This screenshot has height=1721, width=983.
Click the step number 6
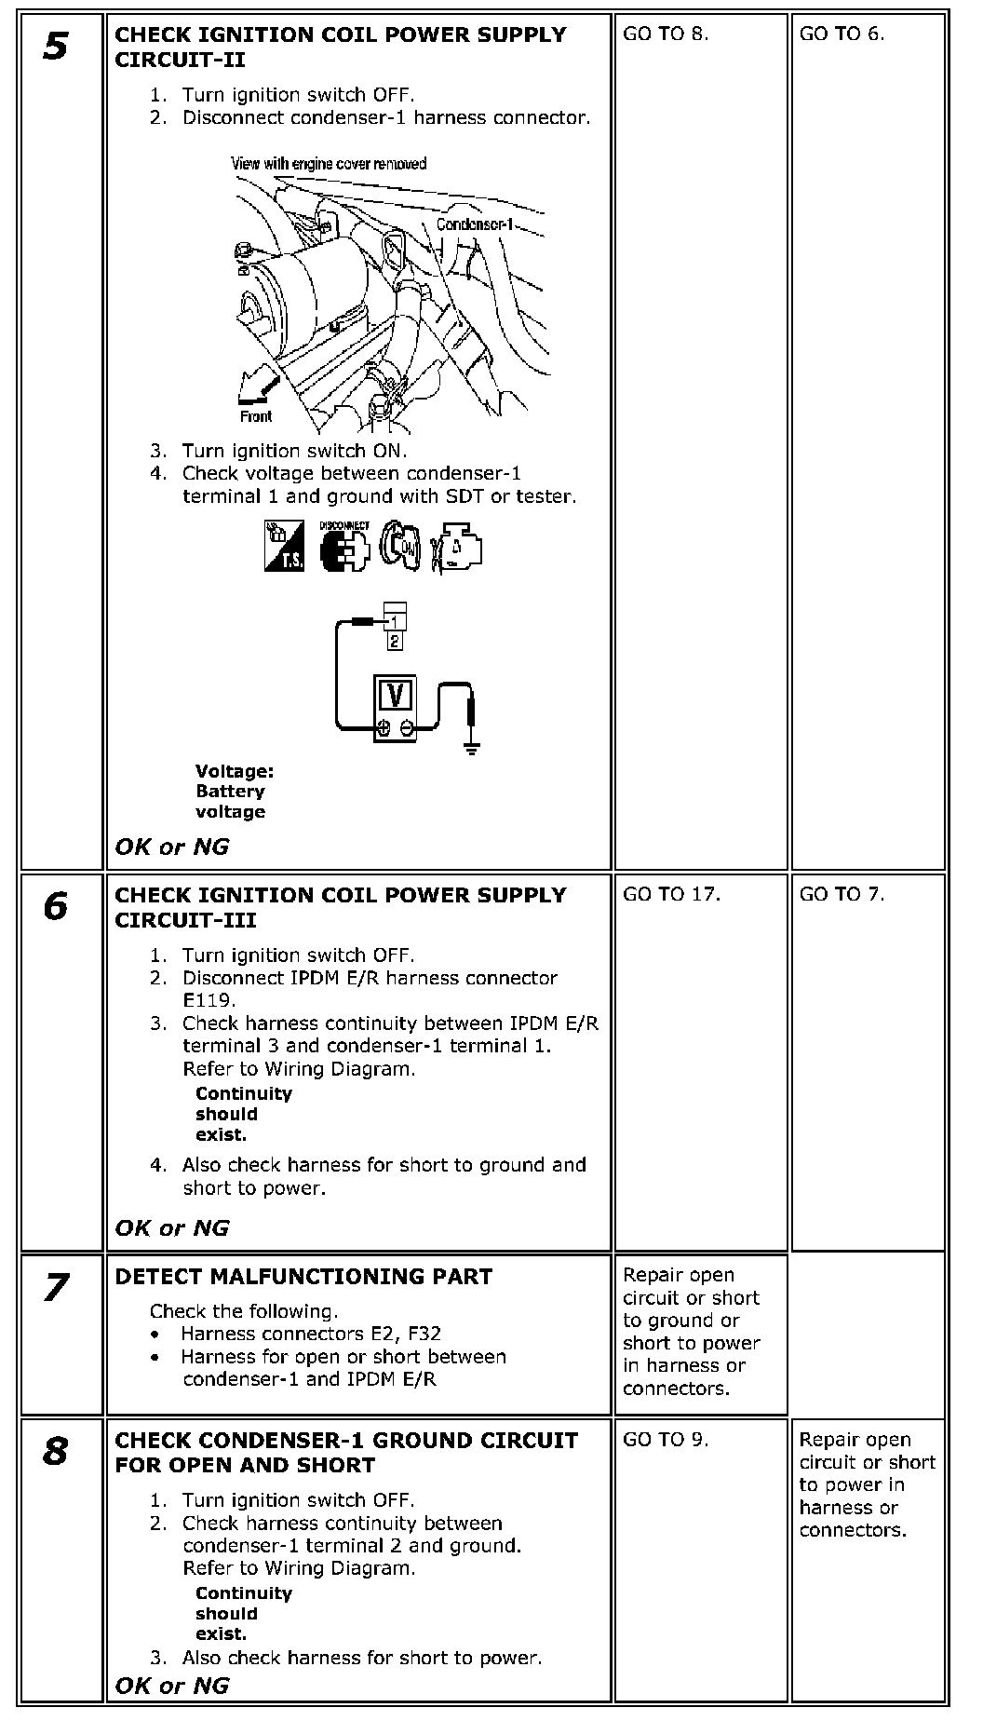[x=55, y=906]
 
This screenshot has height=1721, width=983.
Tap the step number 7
[x=55, y=1288]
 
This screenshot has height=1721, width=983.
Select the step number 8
[x=55, y=1451]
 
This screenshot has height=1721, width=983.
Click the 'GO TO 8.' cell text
[x=666, y=34]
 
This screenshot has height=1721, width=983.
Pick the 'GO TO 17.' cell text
[x=671, y=894]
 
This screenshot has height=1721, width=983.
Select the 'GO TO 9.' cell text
[x=666, y=1439]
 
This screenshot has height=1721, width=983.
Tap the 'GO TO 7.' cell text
[x=842, y=894]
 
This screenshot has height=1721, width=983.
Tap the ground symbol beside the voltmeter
[x=472, y=746]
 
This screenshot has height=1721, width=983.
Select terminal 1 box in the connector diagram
[x=395, y=621]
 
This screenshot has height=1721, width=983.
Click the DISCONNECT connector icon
[x=343, y=548]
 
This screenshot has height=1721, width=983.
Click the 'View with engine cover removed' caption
[x=329, y=164]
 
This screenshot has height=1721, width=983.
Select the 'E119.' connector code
[x=209, y=1000]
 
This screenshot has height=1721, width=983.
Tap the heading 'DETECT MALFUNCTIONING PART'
[x=303, y=1276]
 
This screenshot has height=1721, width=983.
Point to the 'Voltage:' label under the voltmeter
[x=235, y=771]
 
